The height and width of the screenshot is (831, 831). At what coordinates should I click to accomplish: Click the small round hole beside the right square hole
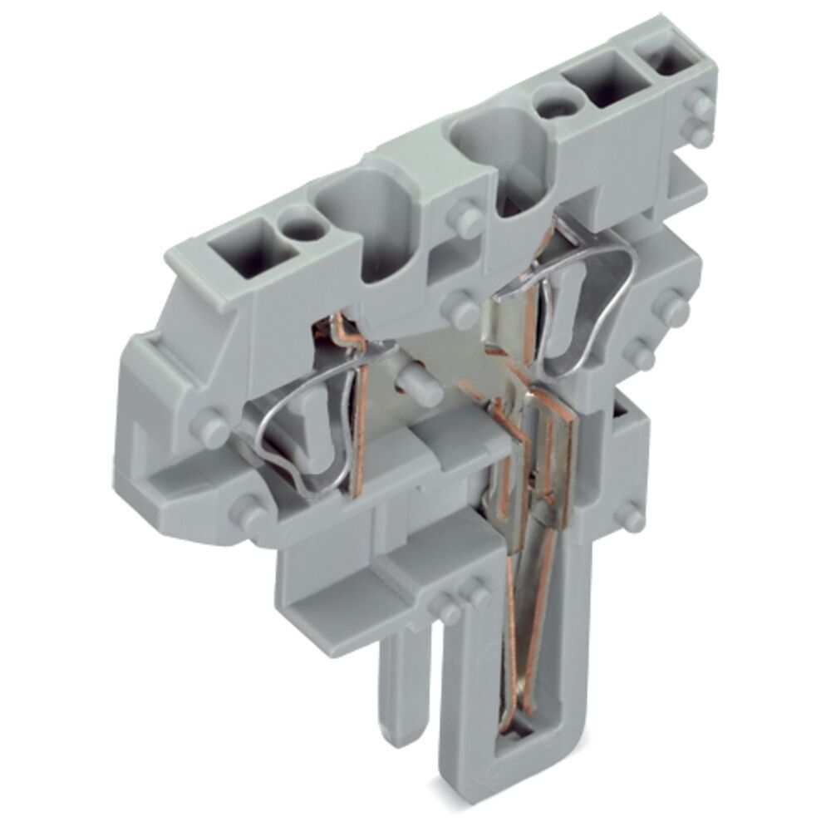coord(548,106)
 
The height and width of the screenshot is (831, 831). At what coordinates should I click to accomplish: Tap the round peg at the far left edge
coord(207,428)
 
